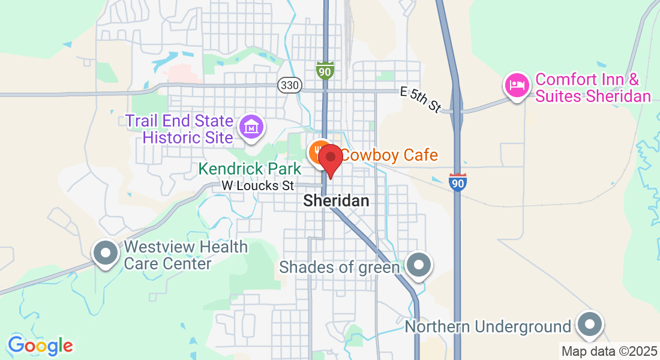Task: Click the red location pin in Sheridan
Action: tap(329, 158)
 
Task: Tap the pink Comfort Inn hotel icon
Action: tap(516, 85)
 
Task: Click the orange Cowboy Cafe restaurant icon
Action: tap(318, 152)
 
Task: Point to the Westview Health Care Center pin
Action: tap(106, 253)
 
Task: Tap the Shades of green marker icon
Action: tap(418, 265)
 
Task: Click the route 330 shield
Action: tap(289, 85)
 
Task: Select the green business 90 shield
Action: tap(325, 70)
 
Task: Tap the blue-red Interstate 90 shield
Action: tap(457, 182)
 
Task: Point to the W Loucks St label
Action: tap(258, 186)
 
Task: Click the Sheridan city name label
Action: tap(336, 201)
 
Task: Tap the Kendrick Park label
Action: tap(250, 169)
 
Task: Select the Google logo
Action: tap(40, 346)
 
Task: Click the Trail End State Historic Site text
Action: tap(179, 128)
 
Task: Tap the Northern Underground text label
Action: tap(488, 326)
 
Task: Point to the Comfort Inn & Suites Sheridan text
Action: tap(593, 88)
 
